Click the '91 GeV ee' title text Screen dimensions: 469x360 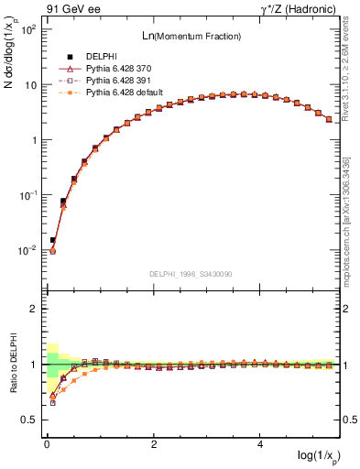coord(65,8)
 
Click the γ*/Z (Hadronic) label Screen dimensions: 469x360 coord(302,8)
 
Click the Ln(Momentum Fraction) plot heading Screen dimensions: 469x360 coord(191,36)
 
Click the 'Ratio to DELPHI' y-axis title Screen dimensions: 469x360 coord(12,365)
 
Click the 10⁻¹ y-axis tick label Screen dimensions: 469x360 coord(27,195)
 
